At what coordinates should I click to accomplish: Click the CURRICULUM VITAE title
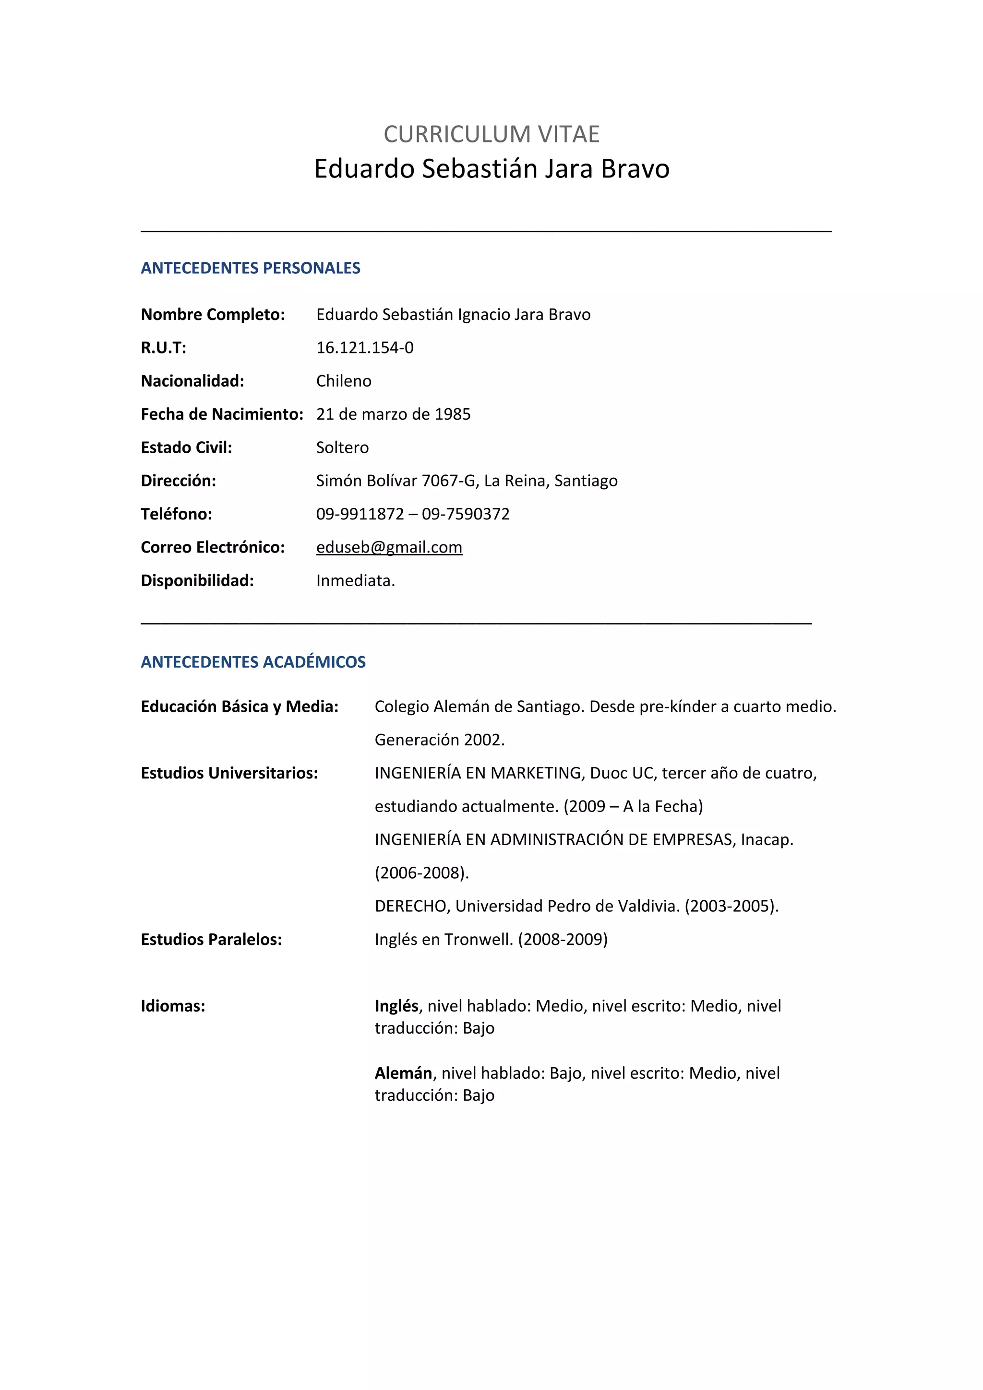pos(491,134)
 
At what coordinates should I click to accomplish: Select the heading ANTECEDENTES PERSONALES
pos(250,268)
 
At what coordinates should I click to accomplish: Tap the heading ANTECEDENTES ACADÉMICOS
pos(252,662)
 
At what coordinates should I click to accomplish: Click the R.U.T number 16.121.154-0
pos(365,347)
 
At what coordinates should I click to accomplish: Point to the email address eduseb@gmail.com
pos(389,547)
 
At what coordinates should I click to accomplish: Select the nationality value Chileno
pos(343,381)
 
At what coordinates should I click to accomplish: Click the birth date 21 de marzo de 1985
pos(393,414)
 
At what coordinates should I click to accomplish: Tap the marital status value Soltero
pos(342,448)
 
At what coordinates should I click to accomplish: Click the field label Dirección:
pos(178,481)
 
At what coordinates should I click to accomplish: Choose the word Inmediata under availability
pos(354,580)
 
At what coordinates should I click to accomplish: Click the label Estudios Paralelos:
pos(211,939)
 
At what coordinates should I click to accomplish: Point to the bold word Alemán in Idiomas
pos(403,1073)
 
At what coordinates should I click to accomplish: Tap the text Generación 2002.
pos(439,740)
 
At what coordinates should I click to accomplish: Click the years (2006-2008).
pos(421,872)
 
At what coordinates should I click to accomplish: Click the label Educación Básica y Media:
pos(239,707)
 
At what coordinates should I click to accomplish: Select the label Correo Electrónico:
pos(213,547)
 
